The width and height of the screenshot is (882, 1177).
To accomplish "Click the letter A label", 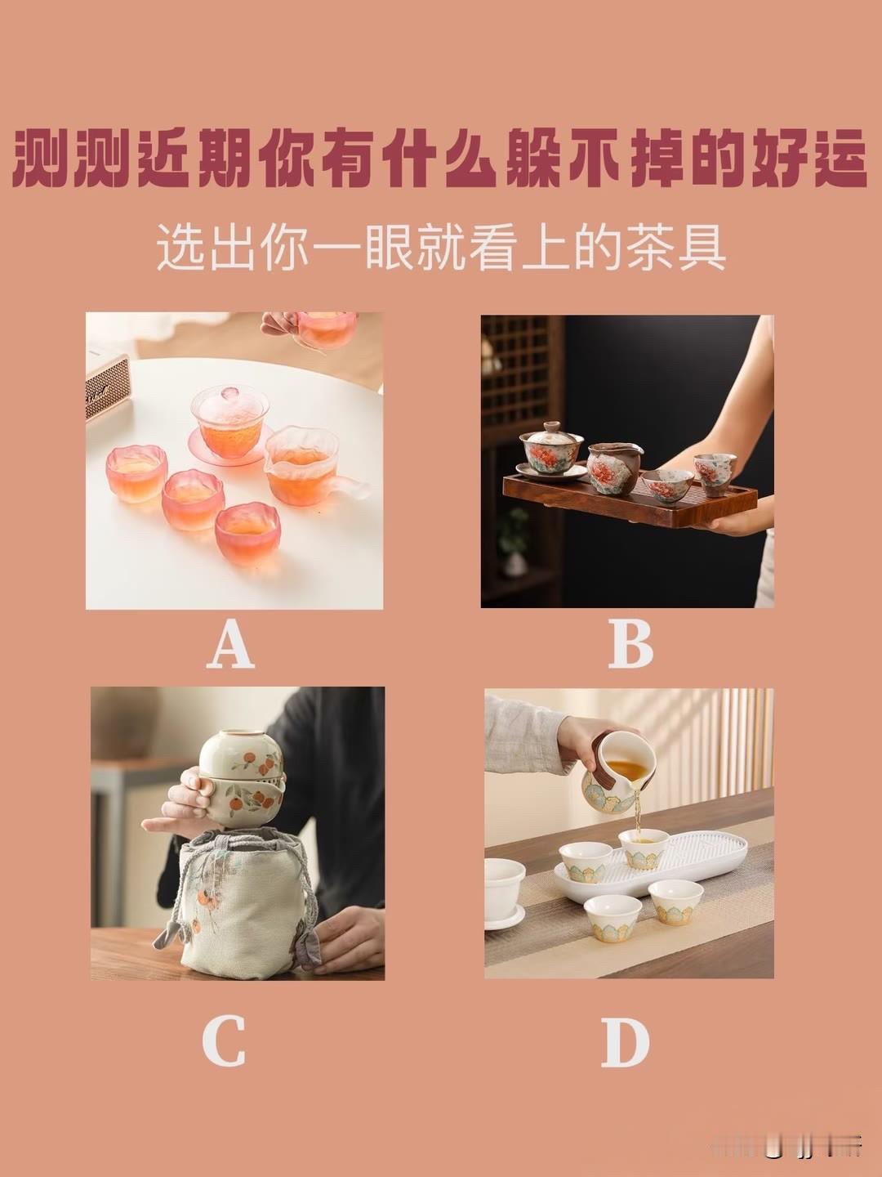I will [230, 644].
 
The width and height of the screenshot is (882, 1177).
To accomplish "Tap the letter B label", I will [630, 644].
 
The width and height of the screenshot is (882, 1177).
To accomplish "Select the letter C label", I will [224, 1041].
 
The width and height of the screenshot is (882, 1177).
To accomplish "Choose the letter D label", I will [626, 1042].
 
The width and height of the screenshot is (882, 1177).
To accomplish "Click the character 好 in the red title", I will [776, 158].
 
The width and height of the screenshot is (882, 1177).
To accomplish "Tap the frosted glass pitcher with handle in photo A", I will [304, 466].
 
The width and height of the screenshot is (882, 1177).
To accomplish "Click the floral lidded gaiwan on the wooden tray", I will [551, 449].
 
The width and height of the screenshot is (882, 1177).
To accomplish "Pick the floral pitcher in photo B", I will [614, 468].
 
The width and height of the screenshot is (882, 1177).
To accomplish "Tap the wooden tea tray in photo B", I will [629, 503].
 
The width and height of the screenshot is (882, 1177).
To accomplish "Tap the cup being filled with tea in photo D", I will [644, 848].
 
